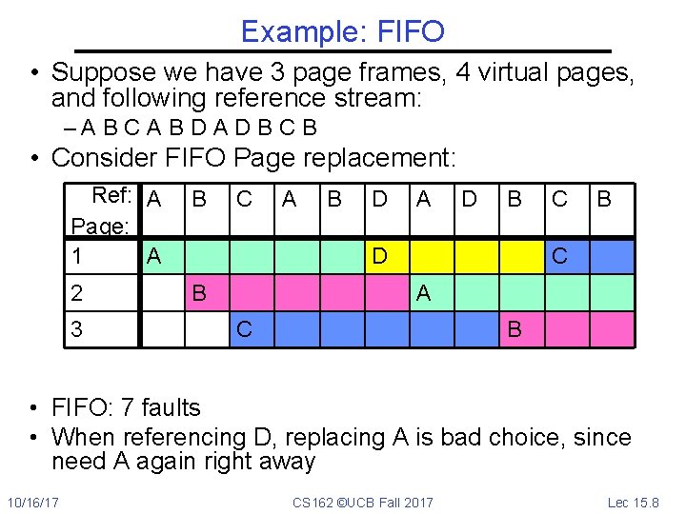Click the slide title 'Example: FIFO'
342,31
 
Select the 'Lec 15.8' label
634,502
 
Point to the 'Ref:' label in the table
111,196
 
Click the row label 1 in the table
77,256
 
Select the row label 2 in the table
77,292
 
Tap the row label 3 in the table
77,329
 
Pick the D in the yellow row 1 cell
379,256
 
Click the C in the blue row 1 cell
560,256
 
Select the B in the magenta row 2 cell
199,292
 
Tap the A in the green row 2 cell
423,293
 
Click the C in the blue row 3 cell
245,329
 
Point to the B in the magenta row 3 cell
514,329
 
